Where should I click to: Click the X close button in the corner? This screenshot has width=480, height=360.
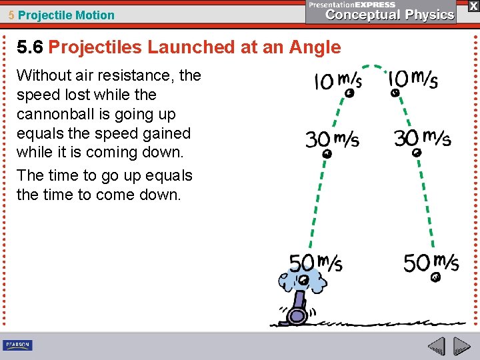coord(473,6)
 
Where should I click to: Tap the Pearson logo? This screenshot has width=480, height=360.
coord(17,345)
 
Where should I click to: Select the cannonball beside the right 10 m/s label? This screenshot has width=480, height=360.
coord(395,93)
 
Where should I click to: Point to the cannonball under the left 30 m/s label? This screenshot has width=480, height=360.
coord(327,154)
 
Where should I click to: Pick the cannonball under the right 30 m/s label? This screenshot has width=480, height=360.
coord(417,153)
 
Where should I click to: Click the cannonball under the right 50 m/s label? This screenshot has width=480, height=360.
coord(436,277)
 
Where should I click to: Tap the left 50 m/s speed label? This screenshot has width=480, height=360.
coord(315,263)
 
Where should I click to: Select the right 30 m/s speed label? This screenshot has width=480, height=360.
coord(422,138)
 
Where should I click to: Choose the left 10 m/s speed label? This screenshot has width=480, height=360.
coord(337,81)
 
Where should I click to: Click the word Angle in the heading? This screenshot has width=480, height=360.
coord(315,47)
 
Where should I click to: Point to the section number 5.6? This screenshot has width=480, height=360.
coord(30,47)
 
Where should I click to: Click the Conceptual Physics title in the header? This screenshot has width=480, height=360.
coord(390,15)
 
